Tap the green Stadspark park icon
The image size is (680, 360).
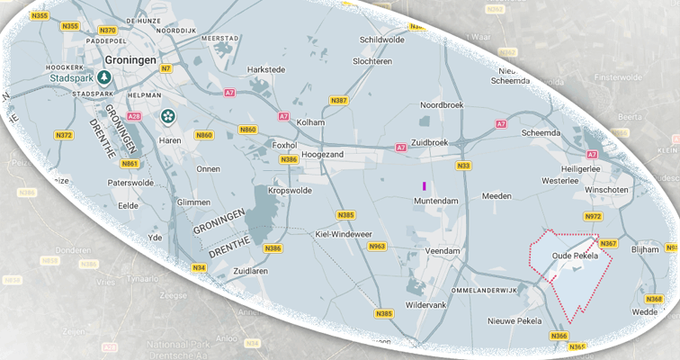(x=104, y=77)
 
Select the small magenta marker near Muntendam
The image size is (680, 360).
(x=424, y=185)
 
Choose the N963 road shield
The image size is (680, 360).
(x=377, y=246)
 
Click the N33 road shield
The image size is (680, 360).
(x=463, y=166)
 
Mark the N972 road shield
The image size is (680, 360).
(x=593, y=217)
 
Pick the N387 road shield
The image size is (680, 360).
(x=339, y=100)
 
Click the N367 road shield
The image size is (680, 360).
(x=609, y=244)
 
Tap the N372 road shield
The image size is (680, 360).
(x=64, y=135)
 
